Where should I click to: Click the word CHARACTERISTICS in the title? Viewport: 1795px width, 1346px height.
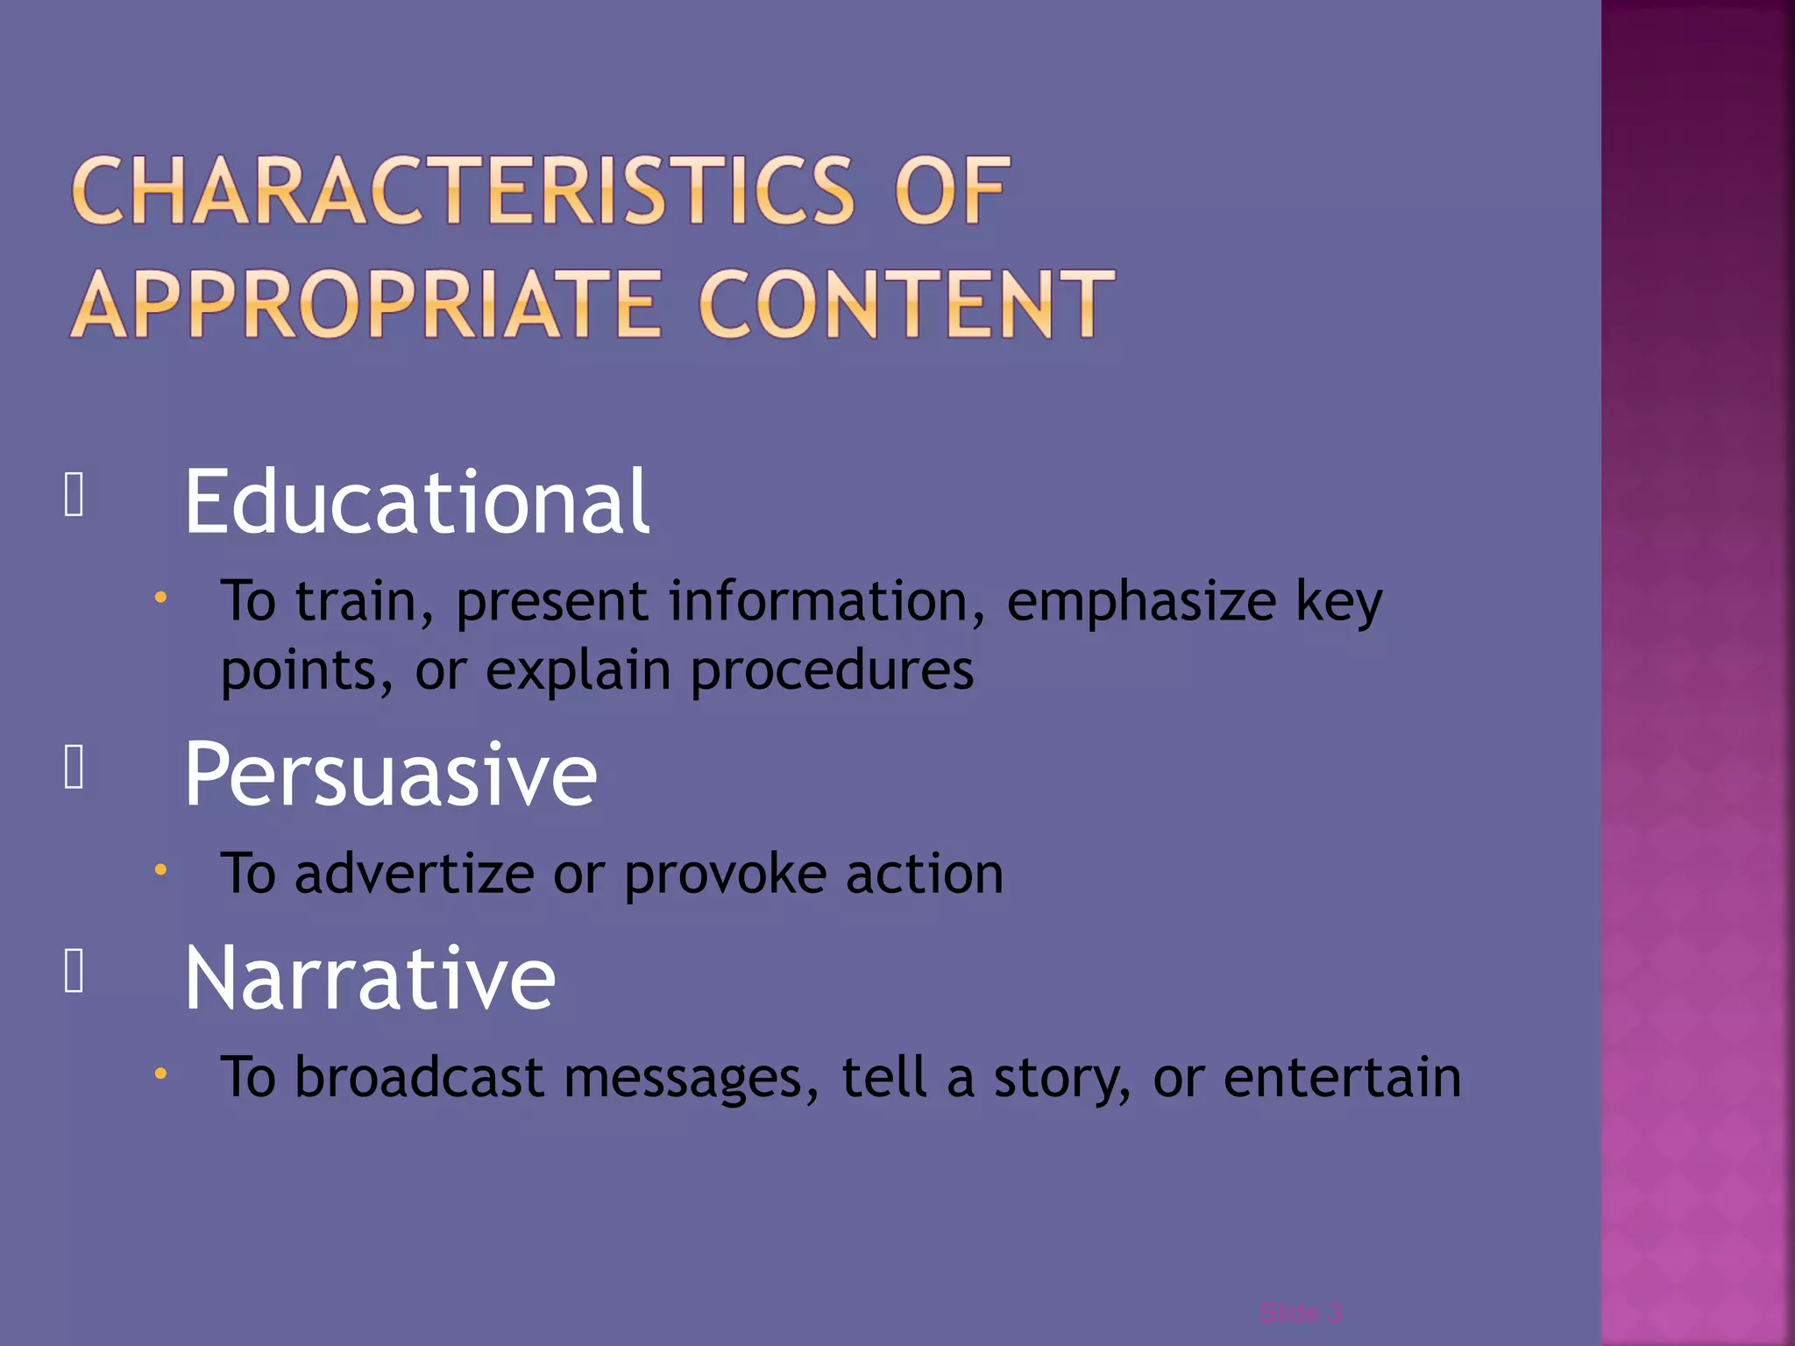[463, 191]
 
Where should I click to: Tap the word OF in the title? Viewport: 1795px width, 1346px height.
[952, 191]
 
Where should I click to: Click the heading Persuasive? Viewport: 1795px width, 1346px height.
[390, 775]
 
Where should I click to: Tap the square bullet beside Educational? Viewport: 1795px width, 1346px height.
[74, 496]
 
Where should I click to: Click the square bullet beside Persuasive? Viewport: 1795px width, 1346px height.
[74, 768]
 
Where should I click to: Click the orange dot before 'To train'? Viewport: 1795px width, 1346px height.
[160, 598]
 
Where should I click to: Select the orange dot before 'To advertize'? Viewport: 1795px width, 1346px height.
[160, 870]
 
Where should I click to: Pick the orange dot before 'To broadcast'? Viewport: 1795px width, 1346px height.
[160, 1073]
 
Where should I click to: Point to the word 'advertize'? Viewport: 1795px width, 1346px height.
[414, 875]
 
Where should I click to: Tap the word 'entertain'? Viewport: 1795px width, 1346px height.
[1342, 1077]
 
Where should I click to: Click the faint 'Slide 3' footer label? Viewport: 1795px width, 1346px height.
[1300, 1313]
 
